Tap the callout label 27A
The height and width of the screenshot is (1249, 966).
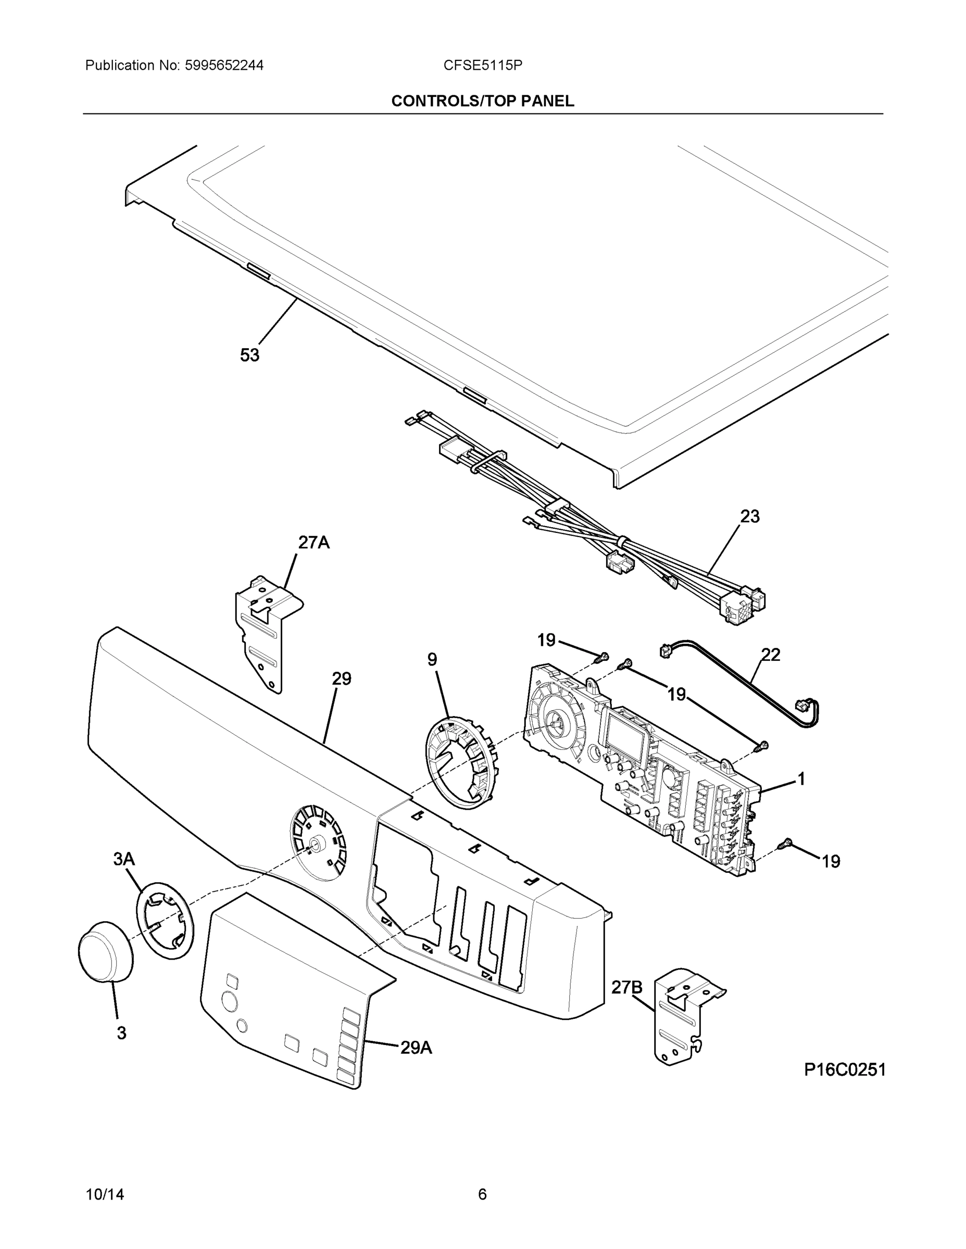click(x=313, y=542)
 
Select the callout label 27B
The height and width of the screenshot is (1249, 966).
click(x=626, y=987)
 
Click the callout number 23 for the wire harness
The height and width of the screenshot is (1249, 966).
click(x=750, y=516)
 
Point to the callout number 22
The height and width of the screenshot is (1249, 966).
click(x=771, y=655)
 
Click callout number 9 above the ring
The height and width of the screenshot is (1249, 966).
click(x=432, y=659)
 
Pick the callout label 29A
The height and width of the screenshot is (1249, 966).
click(x=416, y=1048)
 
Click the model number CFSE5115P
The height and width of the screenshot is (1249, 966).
click(x=482, y=66)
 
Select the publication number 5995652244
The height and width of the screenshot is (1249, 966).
click(x=224, y=66)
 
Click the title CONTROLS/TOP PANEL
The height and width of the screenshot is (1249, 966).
click(x=482, y=101)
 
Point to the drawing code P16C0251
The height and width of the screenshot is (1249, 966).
click(x=845, y=1069)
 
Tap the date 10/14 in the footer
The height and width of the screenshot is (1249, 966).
click(x=105, y=1195)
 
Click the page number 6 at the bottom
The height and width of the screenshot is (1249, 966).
click(x=482, y=1195)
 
